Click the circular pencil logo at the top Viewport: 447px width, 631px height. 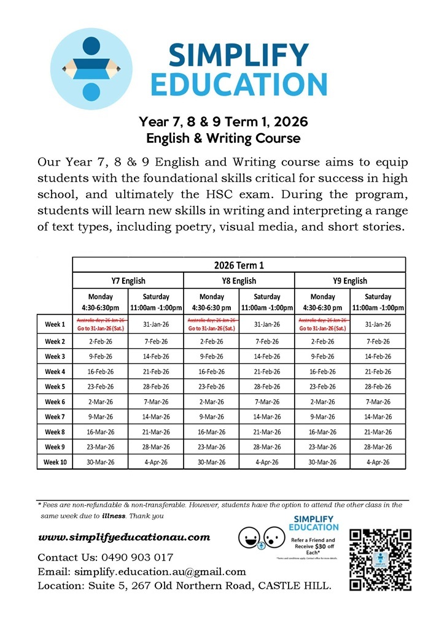pyautogui.click(x=87, y=67)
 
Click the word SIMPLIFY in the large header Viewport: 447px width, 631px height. pyautogui.click(x=239, y=56)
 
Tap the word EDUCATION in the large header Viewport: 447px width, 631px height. pyautogui.click(x=239, y=85)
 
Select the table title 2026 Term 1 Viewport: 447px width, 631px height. pyautogui.click(x=239, y=265)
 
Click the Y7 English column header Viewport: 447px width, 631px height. pyautogui.click(x=128, y=281)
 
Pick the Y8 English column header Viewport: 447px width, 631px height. pyautogui.click(x=239, y=281)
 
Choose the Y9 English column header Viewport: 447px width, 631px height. pyautogui.click(x=350, y=281)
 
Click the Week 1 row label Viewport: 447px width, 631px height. pyautogui.click(x=55, y=324)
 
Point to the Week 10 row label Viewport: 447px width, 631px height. pyautogui.click(x=55, y=462)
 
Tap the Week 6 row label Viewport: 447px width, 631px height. pyautogui.click(x=55, y=402)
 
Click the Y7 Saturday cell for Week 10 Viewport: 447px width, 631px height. pyautogui.click(x=156, y=462)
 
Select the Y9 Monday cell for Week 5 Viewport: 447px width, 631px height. pyautogui.click(x=322, y=386)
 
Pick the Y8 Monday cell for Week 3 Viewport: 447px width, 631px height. pyautogui.click(x=211, y=356)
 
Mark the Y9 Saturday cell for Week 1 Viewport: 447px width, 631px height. pyautogui.click(x=378, y=324)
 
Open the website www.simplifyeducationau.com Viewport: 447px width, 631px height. pyautogui.click(x=124, y=537)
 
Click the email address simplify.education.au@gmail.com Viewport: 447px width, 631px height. pyautogui.click(x=160, y=572)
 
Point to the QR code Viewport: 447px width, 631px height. pyautogui.click(x=379, y=559)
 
